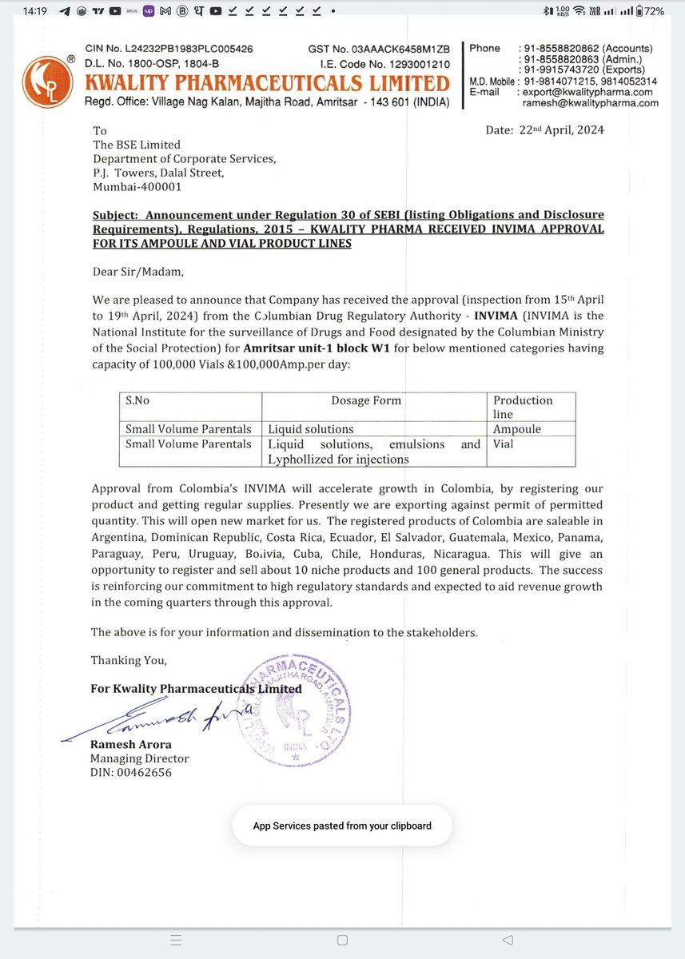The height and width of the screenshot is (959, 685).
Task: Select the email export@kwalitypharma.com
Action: pos(590,92)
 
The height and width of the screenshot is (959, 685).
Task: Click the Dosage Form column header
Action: pos(367,400)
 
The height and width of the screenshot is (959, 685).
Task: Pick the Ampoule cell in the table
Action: pos(516,429)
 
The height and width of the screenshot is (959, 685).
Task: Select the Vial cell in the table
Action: pos(504,444)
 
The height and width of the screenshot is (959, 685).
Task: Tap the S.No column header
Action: pos(137,400)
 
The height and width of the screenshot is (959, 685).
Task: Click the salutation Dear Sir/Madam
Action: pos(137,272)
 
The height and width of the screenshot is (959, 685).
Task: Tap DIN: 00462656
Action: pos(130,772)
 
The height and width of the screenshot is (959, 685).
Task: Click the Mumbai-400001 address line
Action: pos(137,187)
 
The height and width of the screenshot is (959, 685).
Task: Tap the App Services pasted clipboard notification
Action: pos(342,826)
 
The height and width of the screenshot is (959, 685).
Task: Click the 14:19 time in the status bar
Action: pos(35,11)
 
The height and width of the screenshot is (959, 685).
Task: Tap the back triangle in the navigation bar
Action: pos(507,940)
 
